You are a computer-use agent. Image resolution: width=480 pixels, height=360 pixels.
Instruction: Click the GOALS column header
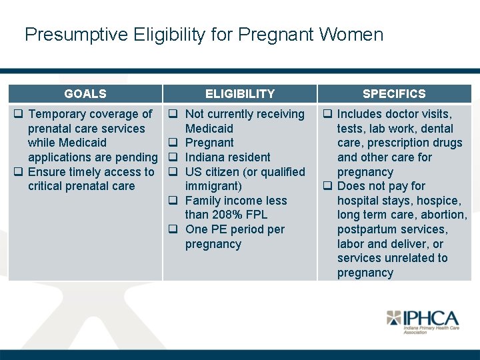click(85, 94)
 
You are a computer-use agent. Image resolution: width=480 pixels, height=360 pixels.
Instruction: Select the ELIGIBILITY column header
click(239, 94)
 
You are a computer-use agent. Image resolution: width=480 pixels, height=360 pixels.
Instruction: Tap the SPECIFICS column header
click(394, 94)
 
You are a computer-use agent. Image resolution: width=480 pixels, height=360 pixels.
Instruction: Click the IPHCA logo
click(422, 321)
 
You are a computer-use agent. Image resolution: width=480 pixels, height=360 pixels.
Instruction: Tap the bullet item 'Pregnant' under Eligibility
click(209, 143)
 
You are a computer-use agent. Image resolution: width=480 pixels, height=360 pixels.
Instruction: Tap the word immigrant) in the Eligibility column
click(213, 186)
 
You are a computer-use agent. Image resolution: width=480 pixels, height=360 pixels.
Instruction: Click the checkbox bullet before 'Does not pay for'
click(328, 186)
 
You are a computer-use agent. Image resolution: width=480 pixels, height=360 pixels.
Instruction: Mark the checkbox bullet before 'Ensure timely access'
click(19, 172)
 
